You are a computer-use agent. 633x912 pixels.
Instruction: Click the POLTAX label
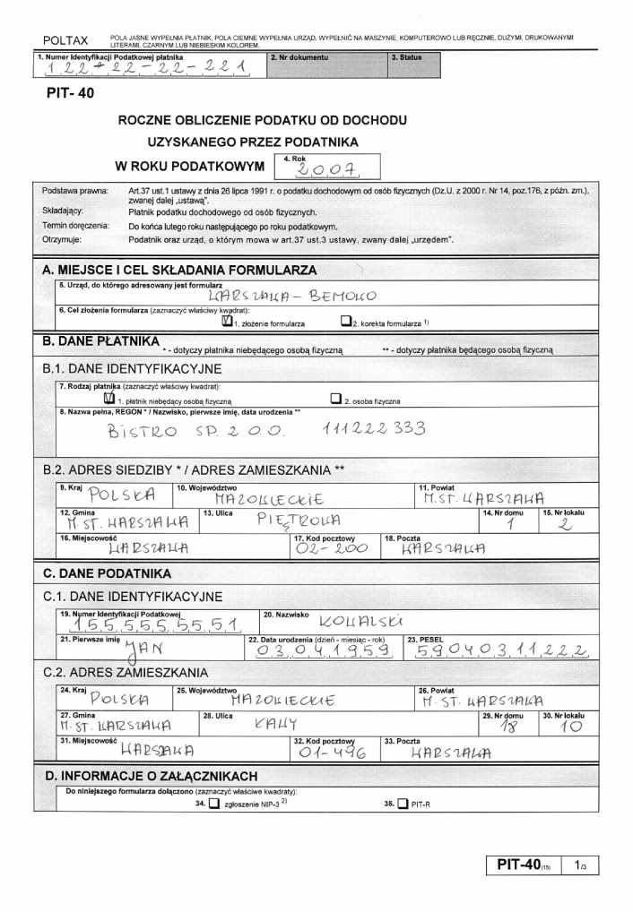click(x=65, y=40)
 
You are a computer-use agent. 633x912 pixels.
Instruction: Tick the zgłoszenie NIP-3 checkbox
click(x=213, y=804)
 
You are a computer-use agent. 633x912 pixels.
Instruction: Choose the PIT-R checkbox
click(x=402, y=804)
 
